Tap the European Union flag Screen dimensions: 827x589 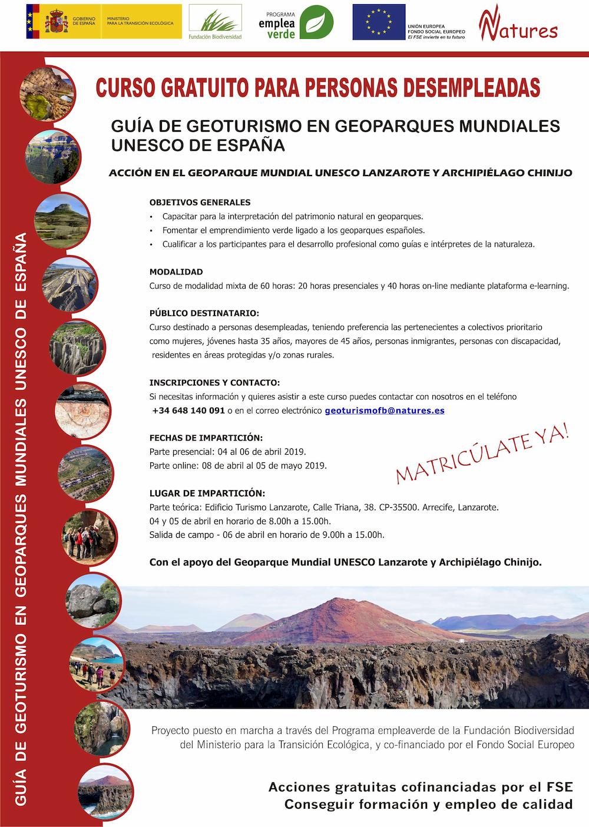[379, 22]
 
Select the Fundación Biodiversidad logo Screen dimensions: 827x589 [214, 22]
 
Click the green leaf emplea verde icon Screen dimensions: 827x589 [316, 22]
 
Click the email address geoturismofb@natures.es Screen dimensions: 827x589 [385, 411]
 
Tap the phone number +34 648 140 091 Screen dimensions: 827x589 [188, 411]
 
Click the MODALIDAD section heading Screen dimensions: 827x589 [176, 272]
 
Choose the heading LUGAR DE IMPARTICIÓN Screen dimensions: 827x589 [207, 493]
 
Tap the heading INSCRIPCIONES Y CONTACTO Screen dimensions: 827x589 [214, 382]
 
